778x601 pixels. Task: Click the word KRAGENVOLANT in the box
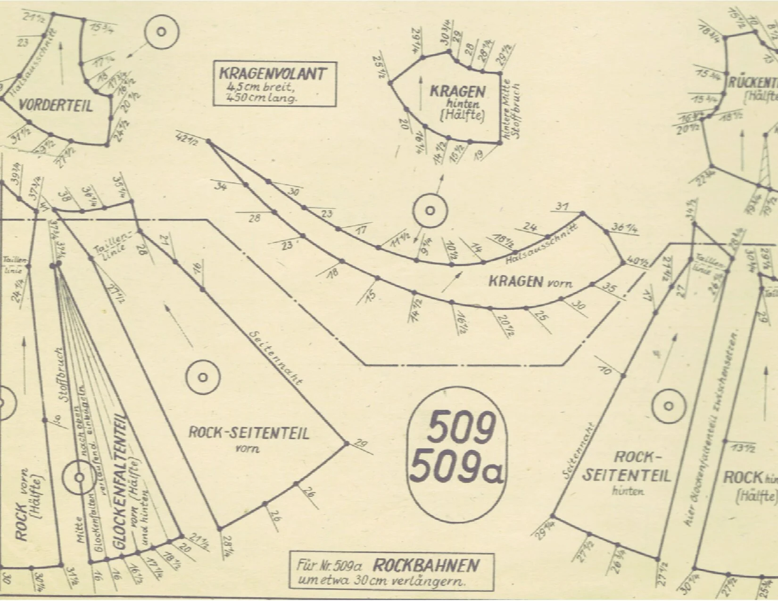(273, 74)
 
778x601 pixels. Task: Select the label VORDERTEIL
(56, 106)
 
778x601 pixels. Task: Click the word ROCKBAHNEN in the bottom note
(427, 565)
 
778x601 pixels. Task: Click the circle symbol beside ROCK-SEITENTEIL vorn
(202, 377)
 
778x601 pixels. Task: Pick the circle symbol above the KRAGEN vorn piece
(430, 210)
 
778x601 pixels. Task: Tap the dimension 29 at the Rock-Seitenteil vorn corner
(360, 444)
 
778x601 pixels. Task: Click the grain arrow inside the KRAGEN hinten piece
(420, 90)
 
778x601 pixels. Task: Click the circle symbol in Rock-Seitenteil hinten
(668, 405)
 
